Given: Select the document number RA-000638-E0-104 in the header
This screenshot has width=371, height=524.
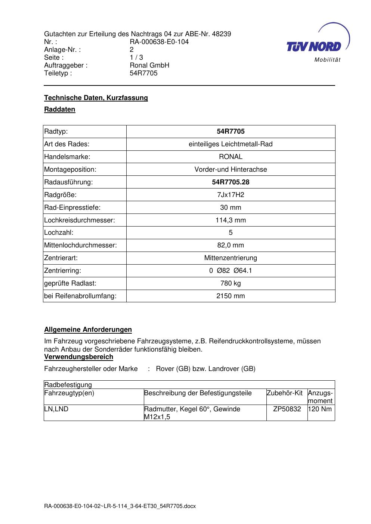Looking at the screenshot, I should pos(159,42).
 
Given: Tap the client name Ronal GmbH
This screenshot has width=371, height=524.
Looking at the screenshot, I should pos(149,65).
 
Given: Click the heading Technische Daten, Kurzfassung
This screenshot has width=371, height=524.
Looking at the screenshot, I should pos(96,98).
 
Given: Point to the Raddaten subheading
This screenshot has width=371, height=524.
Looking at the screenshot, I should pos(60,109).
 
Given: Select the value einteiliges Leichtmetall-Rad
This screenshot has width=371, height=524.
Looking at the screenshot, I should pos(231,144).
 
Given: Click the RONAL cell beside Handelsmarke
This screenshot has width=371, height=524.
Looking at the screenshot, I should pos(231,157).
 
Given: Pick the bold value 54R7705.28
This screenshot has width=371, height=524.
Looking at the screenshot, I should pos(231,182).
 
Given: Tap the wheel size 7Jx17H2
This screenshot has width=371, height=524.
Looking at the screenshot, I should pos(231,195).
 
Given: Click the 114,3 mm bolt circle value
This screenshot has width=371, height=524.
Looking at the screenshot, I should pos(231,220).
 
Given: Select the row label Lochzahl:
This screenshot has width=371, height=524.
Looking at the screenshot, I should pos(59,233).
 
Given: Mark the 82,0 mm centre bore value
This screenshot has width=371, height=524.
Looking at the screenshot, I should pos(231,245).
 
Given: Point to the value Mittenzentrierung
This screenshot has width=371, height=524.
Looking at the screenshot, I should pos(231,258).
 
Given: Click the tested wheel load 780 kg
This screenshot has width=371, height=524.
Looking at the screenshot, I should pos(231,283).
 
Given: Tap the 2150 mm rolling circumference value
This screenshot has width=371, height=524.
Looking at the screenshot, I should pos(231,296).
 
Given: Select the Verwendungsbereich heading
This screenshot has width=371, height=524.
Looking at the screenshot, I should pos(78,357).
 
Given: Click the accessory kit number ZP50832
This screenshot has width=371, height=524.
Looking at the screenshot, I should pos(287,409).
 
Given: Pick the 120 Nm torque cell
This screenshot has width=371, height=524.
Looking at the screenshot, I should pos(321,409).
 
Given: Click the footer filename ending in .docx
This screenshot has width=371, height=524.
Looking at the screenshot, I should pos(120,506).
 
